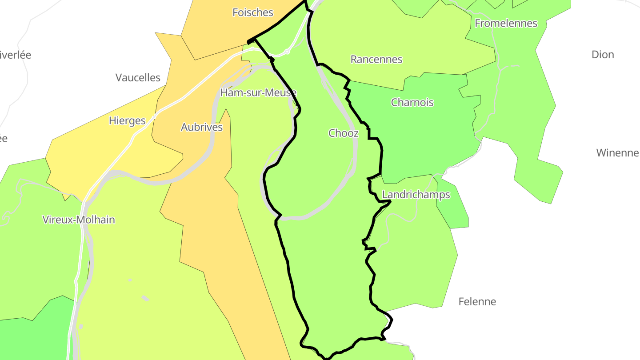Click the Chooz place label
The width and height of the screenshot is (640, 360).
tap(343, 133)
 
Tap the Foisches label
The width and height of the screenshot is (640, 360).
tap(253, 12)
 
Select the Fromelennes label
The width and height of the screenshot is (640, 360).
tap(506, 23)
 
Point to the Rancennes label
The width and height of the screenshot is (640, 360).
tap(376, 59)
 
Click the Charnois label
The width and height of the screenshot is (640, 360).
tap(412, 102)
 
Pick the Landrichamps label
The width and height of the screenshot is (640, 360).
tap(416, 195)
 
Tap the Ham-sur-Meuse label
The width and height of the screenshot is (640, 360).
tap(258, 93)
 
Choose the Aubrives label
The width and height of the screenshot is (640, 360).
tap(202, 127)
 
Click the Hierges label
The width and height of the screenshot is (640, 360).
tap(127, 120)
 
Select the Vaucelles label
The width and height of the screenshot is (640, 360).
tap(138, 78)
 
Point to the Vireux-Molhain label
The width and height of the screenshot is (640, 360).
tap(79, 220)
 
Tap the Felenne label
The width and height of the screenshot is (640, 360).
tap(477, 302)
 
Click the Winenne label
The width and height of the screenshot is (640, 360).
tap(617, 153)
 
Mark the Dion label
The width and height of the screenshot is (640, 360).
tap(603, 55)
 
